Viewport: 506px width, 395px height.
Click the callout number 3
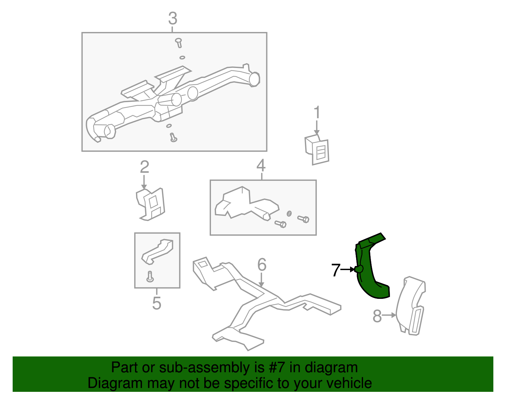click(173, 18)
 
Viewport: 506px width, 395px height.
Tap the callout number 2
click(145, 167)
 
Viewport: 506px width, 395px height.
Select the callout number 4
click(261, 165)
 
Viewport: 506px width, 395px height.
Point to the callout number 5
click(157, 303)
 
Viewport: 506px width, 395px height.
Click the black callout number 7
click(336, 270)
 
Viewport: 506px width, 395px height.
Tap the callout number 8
click(377, 316)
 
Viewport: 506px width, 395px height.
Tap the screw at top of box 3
click(179, 43)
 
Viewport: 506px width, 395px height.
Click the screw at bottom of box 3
click(173, 138)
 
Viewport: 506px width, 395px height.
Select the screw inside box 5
click(150, 276)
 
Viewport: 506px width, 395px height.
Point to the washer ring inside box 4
click(289, 213)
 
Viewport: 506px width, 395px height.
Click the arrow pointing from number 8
click(389, 315)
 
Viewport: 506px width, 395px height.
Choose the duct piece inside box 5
click(157, 251)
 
